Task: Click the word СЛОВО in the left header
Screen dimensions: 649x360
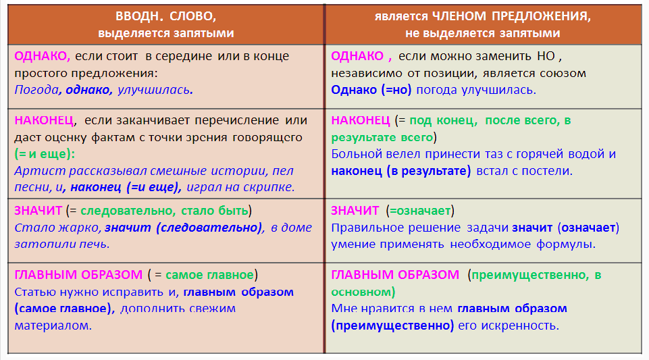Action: (x=192, y=16)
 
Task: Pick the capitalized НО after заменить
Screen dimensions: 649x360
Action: (x=546, y=56)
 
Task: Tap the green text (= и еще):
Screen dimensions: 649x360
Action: (x=45, y=154)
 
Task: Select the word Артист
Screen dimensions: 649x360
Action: (x=40, y=170)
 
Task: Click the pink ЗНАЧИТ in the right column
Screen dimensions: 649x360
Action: (x=355, y=211)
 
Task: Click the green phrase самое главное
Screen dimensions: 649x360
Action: (x=209, y=275)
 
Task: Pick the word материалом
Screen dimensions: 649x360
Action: (x=53, y=326)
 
